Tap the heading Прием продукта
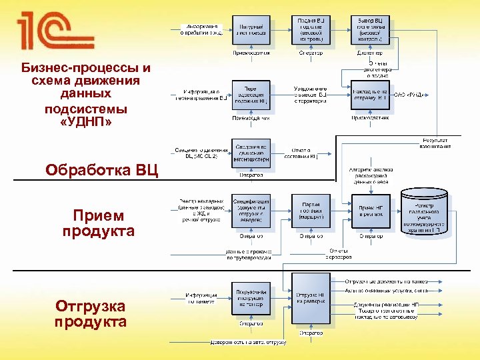coord(99,223)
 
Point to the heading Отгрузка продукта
coord(91,314)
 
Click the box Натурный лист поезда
coord(251,29)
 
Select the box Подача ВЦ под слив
coord(311,29)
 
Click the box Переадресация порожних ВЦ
coord(251,96)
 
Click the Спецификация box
coord(251,210)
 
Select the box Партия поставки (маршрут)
coord(311,210)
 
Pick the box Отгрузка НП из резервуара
coord(311,297)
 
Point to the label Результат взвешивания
coord(434,143)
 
